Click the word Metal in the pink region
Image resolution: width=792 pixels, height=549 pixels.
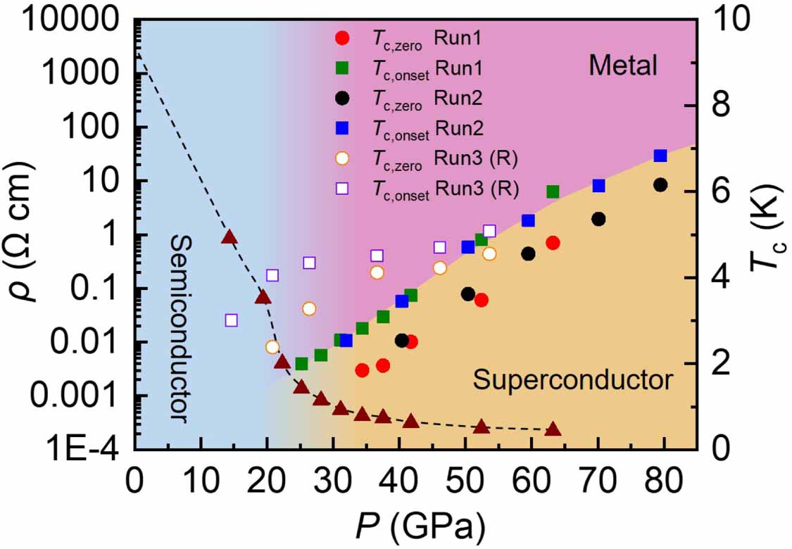(622, 66)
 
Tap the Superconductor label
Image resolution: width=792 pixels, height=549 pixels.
(572, 381)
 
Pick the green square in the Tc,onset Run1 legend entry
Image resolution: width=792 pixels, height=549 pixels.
(341, 68)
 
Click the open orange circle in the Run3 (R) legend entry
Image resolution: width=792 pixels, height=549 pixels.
(341, 158)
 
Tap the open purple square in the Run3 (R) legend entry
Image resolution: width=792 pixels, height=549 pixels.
(341, 188)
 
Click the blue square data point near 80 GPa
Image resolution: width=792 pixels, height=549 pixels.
(660, 156)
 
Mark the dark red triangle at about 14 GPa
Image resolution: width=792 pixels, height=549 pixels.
(229, 237)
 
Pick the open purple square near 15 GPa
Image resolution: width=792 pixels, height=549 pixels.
(231, 320)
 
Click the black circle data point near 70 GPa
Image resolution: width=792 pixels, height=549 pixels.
(598, 219)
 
